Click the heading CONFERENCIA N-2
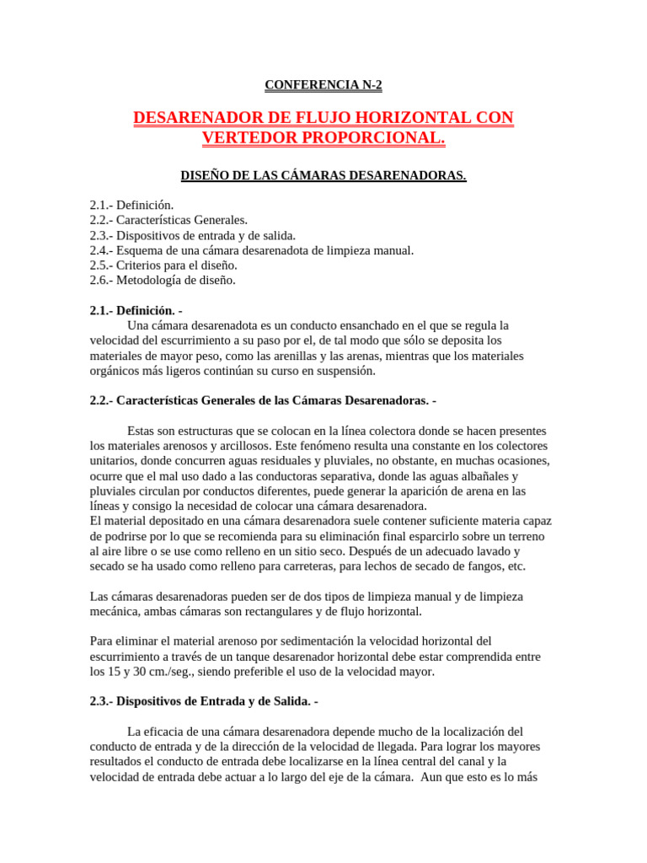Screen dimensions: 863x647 [323, 84]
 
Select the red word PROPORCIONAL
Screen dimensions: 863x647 [372, 137]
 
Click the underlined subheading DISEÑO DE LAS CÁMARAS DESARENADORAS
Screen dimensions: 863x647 [323, 175]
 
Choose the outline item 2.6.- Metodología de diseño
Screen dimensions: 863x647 [163, 280]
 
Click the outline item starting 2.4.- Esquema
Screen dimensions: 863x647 [251, 249]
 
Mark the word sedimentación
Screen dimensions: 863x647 [311, 641]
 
